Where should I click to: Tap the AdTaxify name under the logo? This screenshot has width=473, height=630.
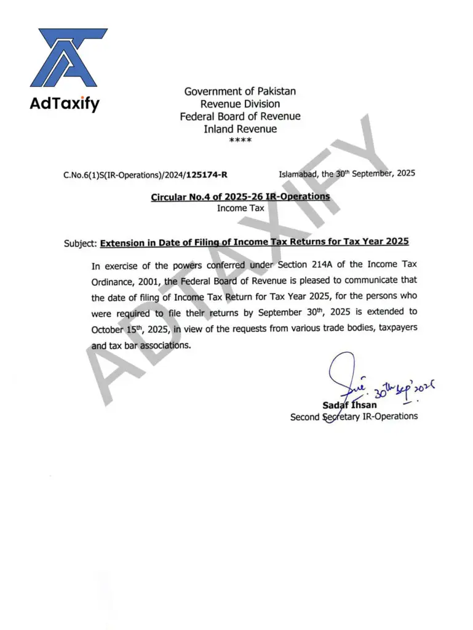coord(64,104)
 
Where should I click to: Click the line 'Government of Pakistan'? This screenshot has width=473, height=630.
coord(240,91)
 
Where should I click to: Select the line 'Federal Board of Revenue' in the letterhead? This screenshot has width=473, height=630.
coord(240,116)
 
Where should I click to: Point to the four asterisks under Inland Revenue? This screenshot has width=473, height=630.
coord(240,141)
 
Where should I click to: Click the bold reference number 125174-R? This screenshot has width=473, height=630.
coord(207,175)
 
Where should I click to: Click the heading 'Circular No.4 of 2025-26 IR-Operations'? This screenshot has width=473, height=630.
coord(240,197)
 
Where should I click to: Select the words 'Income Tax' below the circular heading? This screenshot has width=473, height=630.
coord(240,209)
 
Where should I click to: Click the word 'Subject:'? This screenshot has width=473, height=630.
coord(80,244)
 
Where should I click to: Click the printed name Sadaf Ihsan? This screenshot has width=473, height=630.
coord(350,405)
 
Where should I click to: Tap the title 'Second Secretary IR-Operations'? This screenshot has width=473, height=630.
coord(354,417)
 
